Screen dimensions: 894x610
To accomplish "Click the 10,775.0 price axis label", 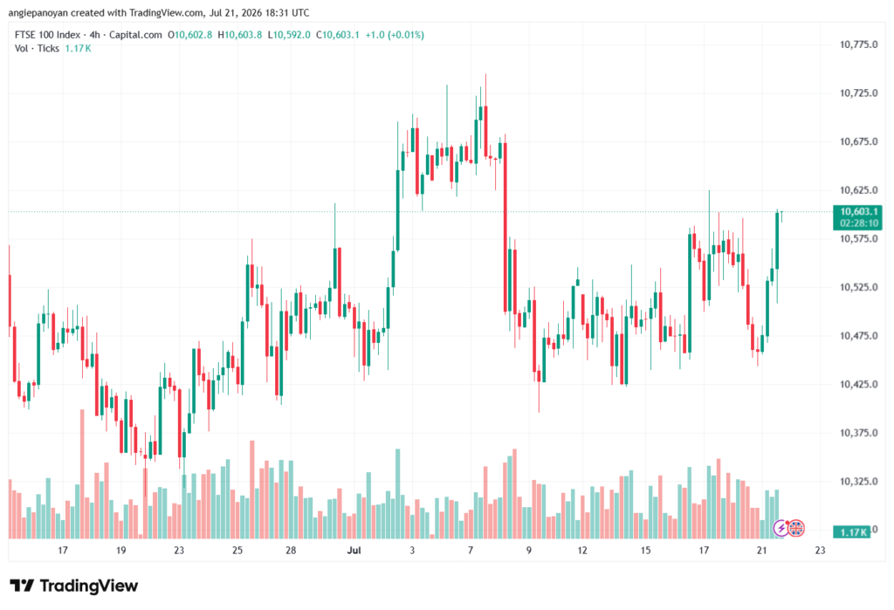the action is coord(858,45).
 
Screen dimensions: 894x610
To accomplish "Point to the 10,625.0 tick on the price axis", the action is coord(858,190).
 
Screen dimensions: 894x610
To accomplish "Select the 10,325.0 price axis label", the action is coord(858,482).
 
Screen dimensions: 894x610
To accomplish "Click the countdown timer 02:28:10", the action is coord(859,223).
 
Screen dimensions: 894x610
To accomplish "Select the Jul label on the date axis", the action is coord(354,550).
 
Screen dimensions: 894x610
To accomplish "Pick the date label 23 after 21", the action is coord(820,550).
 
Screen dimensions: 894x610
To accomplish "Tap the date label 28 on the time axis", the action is coord(291,550).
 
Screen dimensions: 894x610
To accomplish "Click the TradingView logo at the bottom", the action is coord(73,586).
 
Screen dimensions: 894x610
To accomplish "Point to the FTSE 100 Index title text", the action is coord(48,35).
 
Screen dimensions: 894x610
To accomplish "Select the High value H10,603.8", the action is coord(240,35).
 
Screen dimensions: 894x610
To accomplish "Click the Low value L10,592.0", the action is coord(289,35).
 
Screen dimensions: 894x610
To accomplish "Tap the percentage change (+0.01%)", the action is coord(406,35).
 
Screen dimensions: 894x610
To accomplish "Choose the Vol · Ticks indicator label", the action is coord(37,49).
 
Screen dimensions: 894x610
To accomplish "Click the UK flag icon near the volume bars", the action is coord(796,529).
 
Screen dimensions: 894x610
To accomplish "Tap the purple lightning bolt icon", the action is coord(781,529).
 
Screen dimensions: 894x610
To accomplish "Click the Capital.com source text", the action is coord(135,35).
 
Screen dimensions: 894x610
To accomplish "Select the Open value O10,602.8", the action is coord(189,35).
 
